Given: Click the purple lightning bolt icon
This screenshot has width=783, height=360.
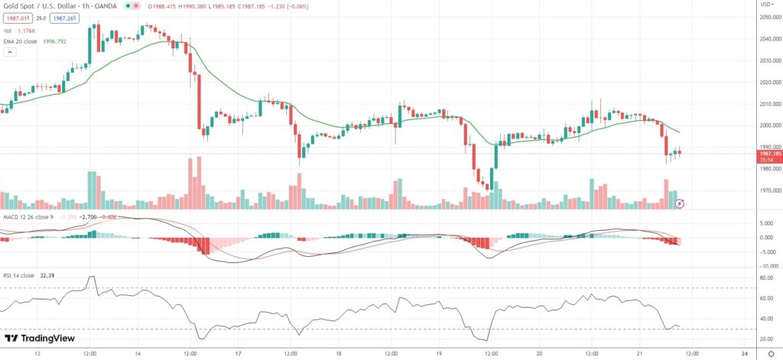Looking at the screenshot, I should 679,203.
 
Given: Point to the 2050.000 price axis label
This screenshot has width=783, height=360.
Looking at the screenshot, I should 768,17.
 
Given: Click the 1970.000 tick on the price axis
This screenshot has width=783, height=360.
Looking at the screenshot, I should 768,190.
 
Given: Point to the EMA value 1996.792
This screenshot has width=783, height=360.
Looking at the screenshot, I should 66,41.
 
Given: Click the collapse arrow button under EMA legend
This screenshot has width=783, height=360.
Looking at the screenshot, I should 10,53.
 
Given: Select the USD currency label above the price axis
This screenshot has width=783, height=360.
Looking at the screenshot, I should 765,5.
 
